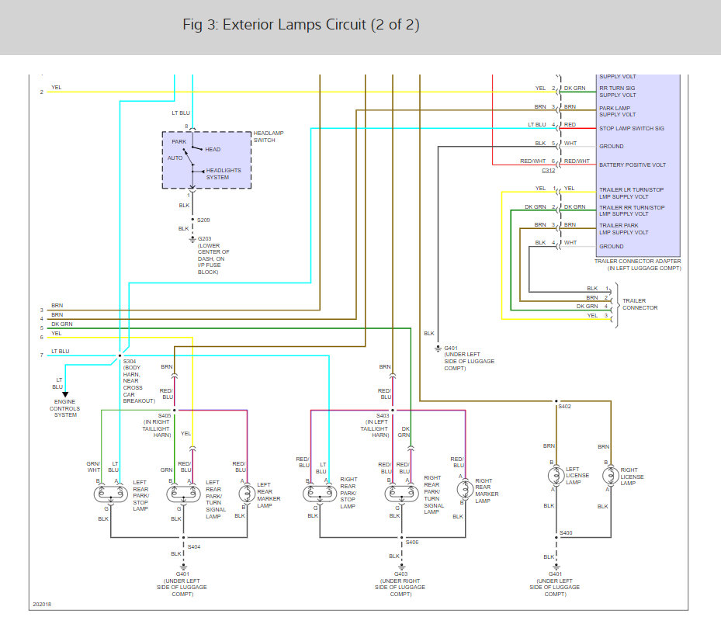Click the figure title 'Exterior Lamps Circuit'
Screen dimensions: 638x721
[301, 25]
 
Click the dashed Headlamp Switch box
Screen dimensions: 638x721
[206, 160]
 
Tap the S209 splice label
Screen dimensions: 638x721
[203, 220]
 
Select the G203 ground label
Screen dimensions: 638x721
[206, 239]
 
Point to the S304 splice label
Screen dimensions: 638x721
[130, 362]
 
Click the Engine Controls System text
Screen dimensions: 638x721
[64, 408]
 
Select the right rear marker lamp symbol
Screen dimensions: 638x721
[464, 489]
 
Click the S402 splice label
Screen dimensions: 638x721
[563, 407]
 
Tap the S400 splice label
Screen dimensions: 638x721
[567, 533]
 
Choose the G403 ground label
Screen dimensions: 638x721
[400, 574]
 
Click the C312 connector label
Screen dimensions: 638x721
[549, 171]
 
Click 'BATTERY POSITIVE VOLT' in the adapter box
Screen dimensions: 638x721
[633, 165]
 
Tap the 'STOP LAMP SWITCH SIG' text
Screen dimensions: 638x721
[632, 128]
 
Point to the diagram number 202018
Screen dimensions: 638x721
[42, 604]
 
